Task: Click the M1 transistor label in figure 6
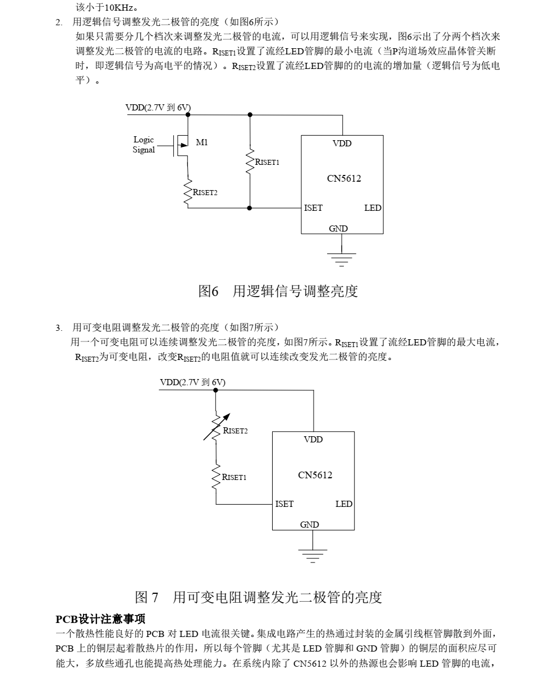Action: [x=202, y=142]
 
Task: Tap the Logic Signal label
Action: [x=144, y=145]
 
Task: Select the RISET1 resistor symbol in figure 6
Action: [x=250, y=161]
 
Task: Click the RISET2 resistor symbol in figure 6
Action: [x=188, y=191]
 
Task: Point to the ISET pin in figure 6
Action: [x=313, y=208]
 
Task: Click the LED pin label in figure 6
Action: [x=373, y=208]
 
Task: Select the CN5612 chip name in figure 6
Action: [x=344, y=179]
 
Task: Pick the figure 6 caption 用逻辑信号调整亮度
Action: [x=278, y=292]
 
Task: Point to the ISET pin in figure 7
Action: [x=284, y=504]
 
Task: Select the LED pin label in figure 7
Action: [x=344, y=504]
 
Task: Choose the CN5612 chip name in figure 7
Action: [x=315, y=475]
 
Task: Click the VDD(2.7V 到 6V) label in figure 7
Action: [x=192, y=382]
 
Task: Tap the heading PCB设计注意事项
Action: [x=100, y=619]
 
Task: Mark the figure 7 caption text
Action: [x=259, y=597]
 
